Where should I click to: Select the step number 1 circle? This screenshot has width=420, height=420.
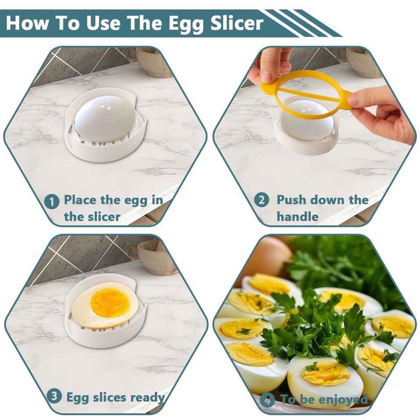tap(52, 202)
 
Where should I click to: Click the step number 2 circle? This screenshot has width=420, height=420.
tap(261, 200)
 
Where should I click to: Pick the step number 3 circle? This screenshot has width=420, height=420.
tap(54, 396)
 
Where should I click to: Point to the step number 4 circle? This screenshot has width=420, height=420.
tap(267, 399)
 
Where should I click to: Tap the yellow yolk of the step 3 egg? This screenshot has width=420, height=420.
tap(110, 302)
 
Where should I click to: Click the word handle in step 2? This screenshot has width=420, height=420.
tap(297, 217)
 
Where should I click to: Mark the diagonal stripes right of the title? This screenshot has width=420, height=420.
tap(302, 23)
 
